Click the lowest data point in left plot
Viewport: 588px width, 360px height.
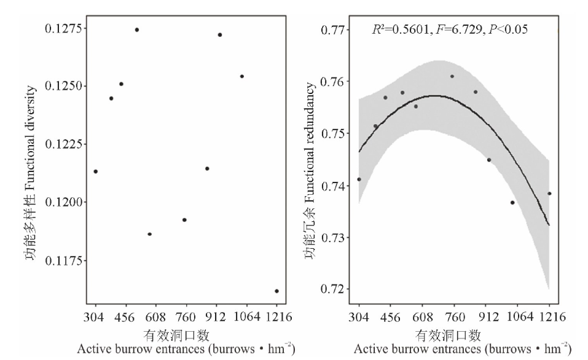(x=276, y=291)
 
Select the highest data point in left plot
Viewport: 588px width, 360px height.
(x=137, y=29)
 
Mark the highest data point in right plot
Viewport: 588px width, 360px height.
(x=452, y=76)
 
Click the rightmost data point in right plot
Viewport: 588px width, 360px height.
(x=549, y=193)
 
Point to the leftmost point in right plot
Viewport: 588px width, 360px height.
(x=359, y=179)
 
